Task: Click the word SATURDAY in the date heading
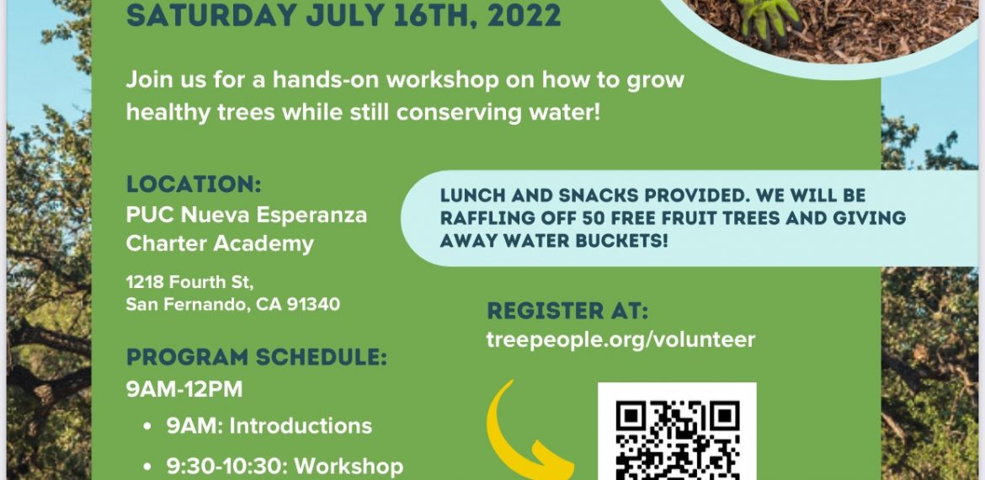211,14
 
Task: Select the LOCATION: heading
194,184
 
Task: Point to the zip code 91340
313,305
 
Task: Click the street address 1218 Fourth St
189,281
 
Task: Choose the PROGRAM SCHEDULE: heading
256,357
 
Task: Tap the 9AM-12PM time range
184,390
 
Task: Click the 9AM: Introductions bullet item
269,426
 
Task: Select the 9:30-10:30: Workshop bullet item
285,467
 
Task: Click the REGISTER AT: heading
567,311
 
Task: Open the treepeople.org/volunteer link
620,340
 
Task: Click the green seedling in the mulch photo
767,16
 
